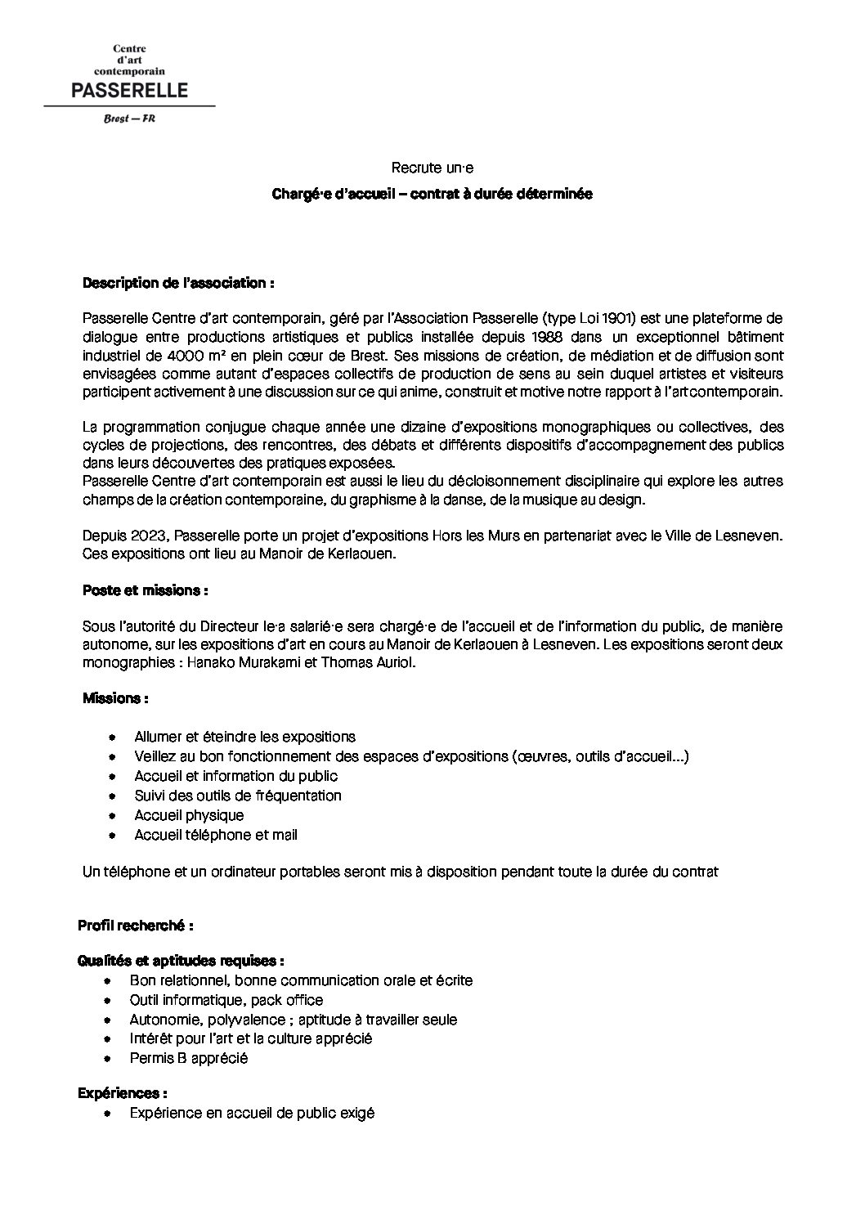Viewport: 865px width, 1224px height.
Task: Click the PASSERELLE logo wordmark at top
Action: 129,89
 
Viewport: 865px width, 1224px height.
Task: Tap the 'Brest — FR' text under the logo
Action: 129,119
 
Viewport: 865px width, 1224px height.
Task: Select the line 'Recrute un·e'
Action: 432,168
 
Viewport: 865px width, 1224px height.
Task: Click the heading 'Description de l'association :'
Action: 177,283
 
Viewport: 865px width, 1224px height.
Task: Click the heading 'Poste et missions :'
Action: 145,590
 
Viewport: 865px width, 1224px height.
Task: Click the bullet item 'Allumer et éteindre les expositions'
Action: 244,737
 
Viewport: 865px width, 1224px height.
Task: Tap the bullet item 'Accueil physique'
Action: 189,815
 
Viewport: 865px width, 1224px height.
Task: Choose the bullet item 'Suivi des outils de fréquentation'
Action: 238,796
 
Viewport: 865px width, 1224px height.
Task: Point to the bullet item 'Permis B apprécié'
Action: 188,1058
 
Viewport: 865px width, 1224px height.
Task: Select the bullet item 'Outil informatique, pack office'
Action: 226,1000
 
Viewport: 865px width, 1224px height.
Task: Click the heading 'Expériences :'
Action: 123,1093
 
